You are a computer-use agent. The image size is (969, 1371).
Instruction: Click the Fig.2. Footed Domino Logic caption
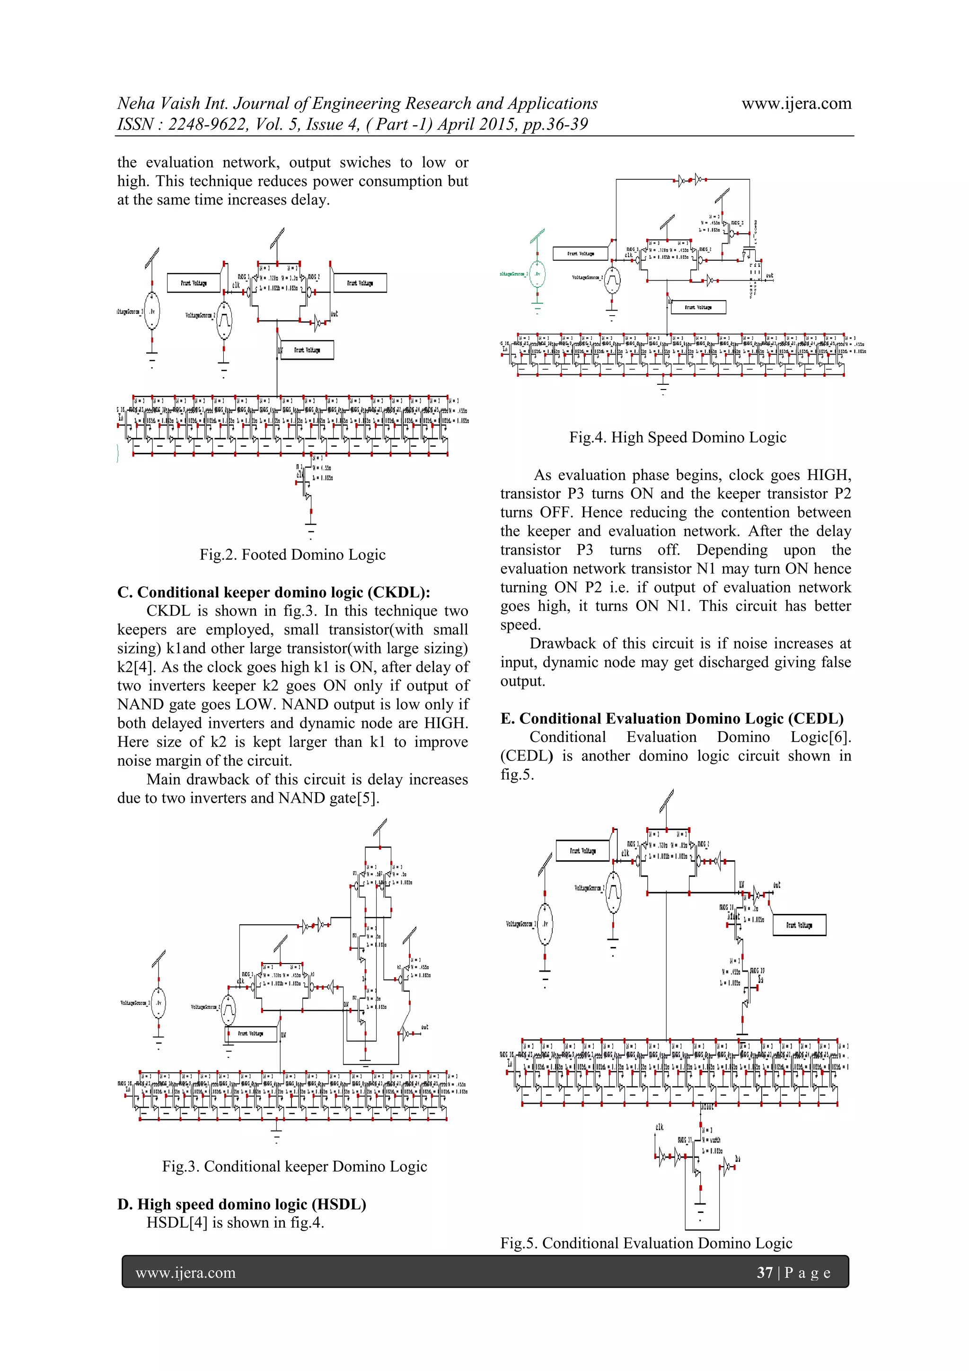(x=292, y=555)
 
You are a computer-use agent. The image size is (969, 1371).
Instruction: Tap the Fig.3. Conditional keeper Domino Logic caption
(x=294, y=1167)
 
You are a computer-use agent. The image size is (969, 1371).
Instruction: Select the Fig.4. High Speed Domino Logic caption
(x=678, y=438)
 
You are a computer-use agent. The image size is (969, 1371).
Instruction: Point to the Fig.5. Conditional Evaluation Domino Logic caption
(x=646, y=1243)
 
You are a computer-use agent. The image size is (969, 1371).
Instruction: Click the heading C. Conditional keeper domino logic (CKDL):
(x=273, y=593)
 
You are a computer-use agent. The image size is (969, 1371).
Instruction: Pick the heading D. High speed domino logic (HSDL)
(x=242, y=1204)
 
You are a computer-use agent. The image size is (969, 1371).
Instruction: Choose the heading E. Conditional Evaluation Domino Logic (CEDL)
(x=672, y=718)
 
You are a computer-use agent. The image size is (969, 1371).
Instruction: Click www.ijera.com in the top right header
(x=796, y=104)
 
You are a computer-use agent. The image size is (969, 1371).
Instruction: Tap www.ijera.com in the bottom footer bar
(x=185, y=1273)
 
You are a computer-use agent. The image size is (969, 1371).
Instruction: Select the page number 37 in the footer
(x=764, y=1273)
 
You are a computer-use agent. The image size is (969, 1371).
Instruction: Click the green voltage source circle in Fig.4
(x=537, y=274)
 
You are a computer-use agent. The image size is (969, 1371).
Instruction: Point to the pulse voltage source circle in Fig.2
(x=224, y=321)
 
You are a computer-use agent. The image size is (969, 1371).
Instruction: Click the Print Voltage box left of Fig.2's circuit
(x=194, y=283)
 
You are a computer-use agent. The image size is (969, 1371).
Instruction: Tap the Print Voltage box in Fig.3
(x=251, y=1033)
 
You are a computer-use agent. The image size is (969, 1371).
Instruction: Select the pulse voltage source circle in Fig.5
(x=613, y=892)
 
